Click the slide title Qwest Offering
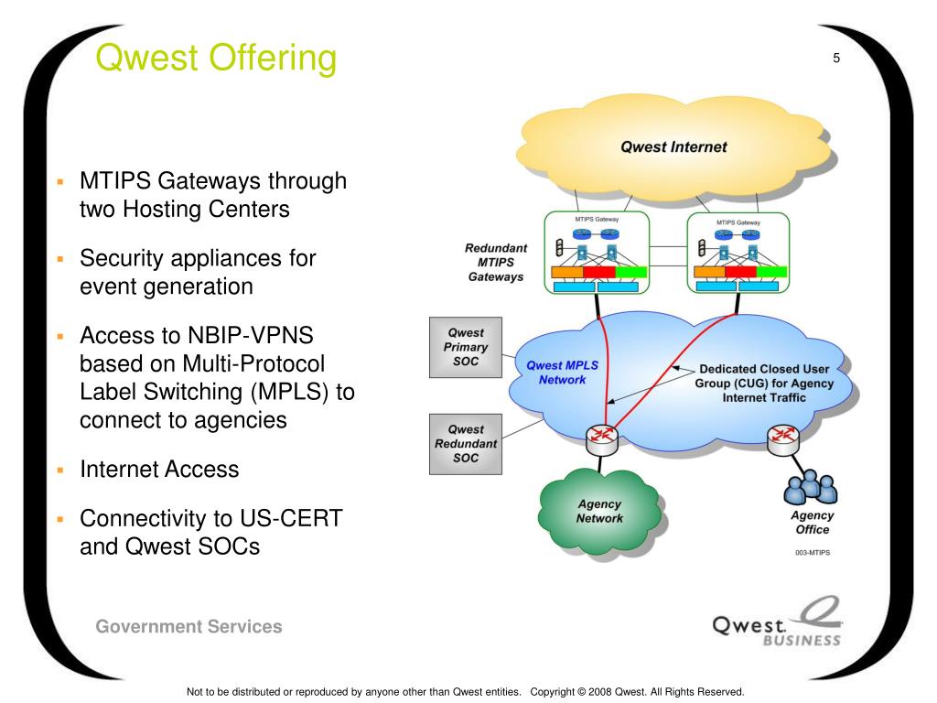pyautogui.click(x=216, y=59)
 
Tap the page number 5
pyautogui.click(x=836, y=58)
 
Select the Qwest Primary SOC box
pyautogui.click(x=466, y=347)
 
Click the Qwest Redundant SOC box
pyautogui.click(x=466, y=444)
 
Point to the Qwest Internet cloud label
pyautogui.click(x=673, y=147)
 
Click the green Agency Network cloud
pyautogui.click(x=600, y=513)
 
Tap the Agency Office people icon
pyautogui.click(x=811, y=487)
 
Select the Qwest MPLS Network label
pyautogui.click(x=563, y=373)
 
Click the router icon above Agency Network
pyautogui.click(x=601, y=440)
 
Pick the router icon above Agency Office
pyautogui.click(x=783, y=440)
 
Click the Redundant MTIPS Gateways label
pyautogui.click(x=496, y=263)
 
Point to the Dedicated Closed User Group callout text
pyautogui.click(x=764, y=384)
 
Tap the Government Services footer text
pyautogui.click(x=188, y=626)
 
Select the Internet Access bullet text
pyautogui.click(x=159, y=470)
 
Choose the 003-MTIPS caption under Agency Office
pyautogui.click(x=813, y=553)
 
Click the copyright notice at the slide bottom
pyautogui.click(x=466, y=692)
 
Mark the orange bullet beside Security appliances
pyautogui.click(x=60, y=259)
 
